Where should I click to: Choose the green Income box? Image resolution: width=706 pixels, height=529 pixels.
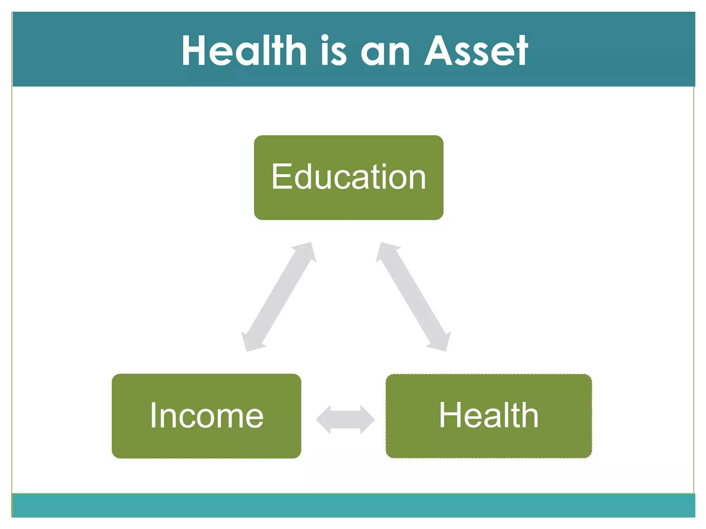point(206,444)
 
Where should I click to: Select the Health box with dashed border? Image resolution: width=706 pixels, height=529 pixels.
point(488,444)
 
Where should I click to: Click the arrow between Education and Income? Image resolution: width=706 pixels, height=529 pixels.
point(279,297)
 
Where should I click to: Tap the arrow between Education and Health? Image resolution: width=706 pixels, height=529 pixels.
point(413,297)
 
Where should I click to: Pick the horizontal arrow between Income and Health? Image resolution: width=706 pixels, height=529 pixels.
point(345,419)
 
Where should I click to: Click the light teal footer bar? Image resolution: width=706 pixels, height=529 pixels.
point(353,505)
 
